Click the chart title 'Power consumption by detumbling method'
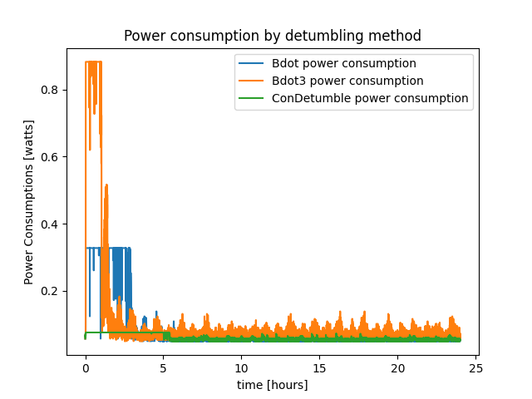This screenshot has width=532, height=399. tap(273, 36)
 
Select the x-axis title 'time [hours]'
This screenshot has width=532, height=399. tap(273, 385)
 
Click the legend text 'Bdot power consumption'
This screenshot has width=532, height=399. tap(344, 63)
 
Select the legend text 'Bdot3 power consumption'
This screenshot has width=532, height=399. tap(347, 81)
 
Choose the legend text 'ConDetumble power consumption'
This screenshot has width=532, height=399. tap(370, 98)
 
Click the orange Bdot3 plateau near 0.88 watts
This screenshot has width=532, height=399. tap(89, 62)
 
